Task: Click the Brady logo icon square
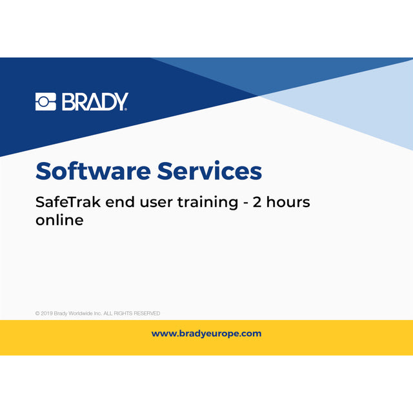pyautogui.click(x=46, y=102)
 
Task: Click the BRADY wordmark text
pyautogui.click(x=95, y=102)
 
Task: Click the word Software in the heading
pyautogui.click(x=93, y=171)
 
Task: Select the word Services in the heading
pyautogui.click(x=209, y=171)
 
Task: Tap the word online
pyautogui.click(x=59, y=220)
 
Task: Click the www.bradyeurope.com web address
pyautogui.click(x=206, y=334)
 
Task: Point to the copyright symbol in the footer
pyautogui.click(x=37, y=313)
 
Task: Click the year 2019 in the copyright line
pyautogui.click(x=46, y=313)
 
